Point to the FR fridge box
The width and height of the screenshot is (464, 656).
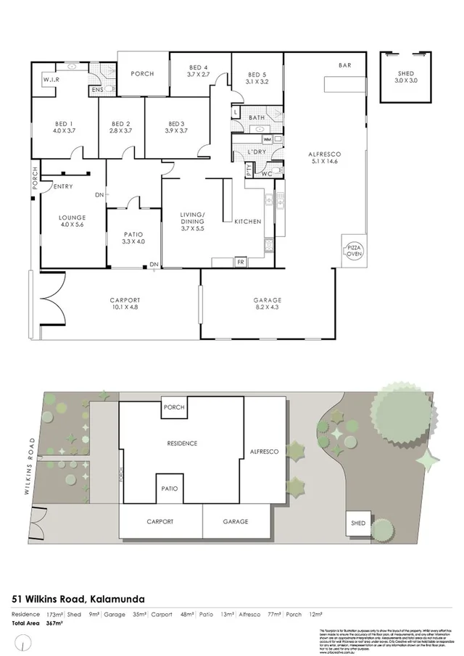[x=240, y=262]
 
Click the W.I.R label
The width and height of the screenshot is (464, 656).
[x=51, y=79]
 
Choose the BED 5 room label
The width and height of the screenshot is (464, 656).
[x=257, y=78]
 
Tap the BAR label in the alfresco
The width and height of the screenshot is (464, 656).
[x=345, y=66]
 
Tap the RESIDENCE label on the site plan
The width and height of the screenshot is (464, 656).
[x=182, y=443]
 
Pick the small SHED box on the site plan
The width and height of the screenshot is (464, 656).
[x=358, y=522]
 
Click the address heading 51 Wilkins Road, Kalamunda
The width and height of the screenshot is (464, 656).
[x=79, y=599]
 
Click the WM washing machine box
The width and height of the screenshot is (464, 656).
[x=267, y=139]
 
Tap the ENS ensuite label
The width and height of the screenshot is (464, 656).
[x=96, y=90]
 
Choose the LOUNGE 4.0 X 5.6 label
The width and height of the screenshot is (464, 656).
[x=73, y=221]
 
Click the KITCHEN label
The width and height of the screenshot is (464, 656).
[x=247, y=221]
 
